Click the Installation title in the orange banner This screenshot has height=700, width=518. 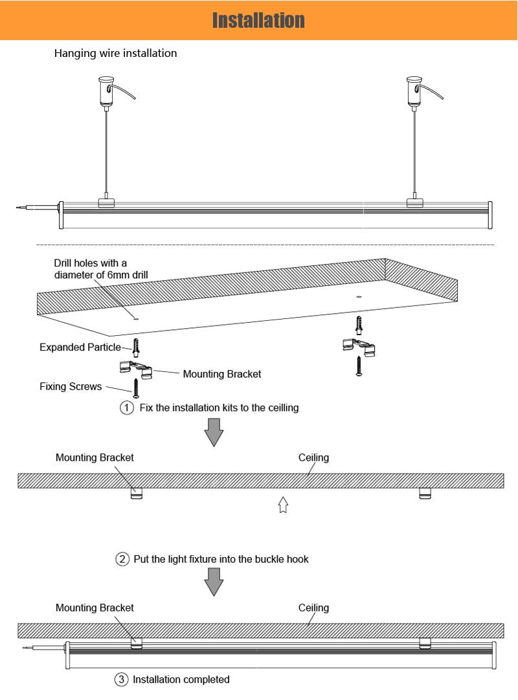tap(258, 20)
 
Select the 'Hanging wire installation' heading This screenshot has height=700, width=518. tap(115, 54)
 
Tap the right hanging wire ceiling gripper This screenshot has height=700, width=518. tap(414, 91)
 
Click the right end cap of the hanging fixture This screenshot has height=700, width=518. tap(490, 215)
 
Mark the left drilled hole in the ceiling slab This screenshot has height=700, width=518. tap(135, 318)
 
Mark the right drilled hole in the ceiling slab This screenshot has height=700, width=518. tap(358, 297)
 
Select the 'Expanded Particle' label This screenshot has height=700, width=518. tap(80, 347)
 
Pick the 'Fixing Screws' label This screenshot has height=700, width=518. tap(71, 387)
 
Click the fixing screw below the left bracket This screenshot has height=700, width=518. tap(137, 388)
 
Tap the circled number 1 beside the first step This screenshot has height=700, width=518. tap(127, 408)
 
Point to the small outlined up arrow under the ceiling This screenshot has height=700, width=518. tap(282, 505)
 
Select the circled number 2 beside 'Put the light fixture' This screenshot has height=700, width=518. tap(122, 559)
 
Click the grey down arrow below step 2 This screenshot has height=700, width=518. tap(214, 582)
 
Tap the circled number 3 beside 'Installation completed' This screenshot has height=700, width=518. tap(122, 679)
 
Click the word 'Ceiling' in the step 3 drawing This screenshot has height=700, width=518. tap(313, 608)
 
